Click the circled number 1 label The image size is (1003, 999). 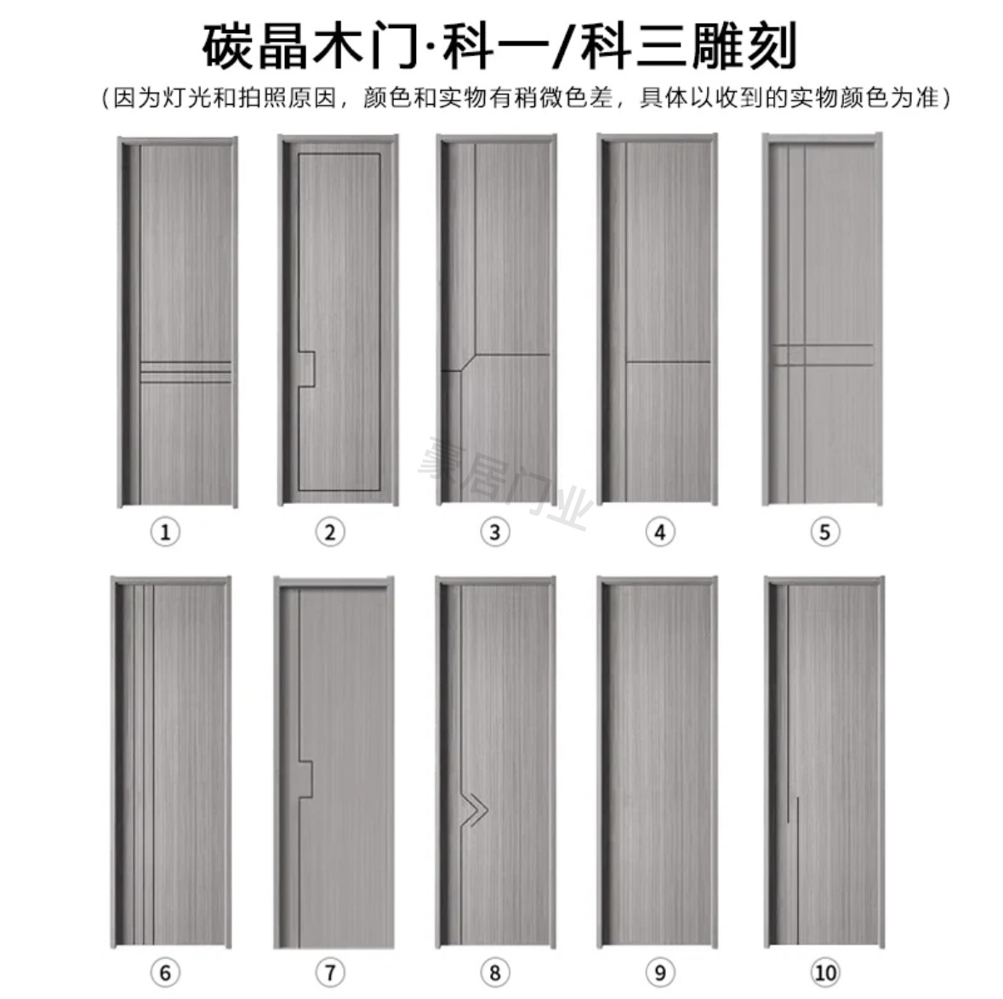point(165,533)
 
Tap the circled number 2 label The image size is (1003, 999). point(330,533)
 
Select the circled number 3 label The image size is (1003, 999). point(494,533)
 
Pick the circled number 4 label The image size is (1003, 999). point(659,533)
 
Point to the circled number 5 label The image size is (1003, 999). point(823,533)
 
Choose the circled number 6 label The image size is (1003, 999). point(165,972)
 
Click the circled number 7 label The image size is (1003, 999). point(330,972)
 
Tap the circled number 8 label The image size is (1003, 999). point(494,972)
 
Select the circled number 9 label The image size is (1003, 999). point(659,972)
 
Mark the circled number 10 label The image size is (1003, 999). point(823,972)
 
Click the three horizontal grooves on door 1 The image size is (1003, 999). point(184,372)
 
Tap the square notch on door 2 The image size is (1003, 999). point(308,368)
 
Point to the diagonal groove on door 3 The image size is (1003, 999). point(468,362)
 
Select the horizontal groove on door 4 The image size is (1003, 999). point(669,362)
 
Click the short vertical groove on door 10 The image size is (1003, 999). point(797,821)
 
